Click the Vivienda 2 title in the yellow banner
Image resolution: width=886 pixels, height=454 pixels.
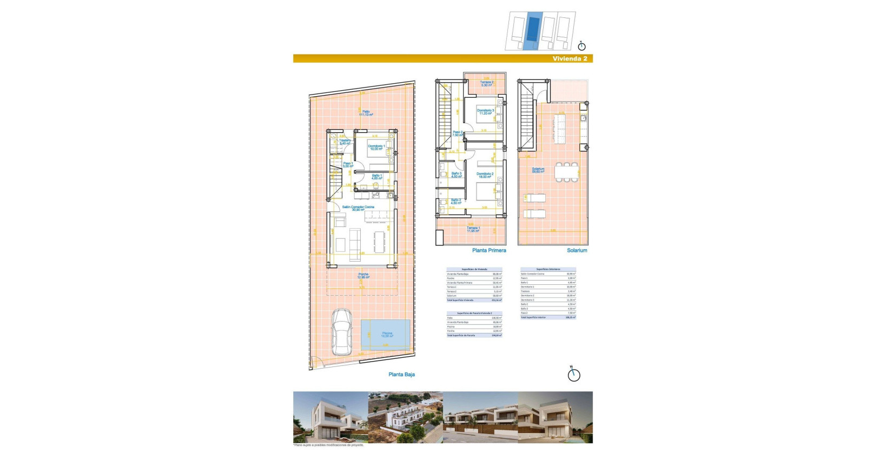point(570,58)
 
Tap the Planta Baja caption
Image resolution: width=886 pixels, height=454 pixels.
point(401,374)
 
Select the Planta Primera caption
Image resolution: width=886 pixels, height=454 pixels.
point(489,250)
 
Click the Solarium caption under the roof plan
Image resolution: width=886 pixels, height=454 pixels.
point(577,250)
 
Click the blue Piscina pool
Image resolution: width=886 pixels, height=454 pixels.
point(386,333)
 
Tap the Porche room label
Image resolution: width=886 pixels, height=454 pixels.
point(363,276)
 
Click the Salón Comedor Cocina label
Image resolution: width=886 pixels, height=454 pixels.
point(358,208)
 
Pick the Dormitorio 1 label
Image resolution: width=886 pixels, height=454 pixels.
point(376,147)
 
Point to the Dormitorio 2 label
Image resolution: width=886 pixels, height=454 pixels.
point(485,175)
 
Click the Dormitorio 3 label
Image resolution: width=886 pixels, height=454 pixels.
point(485,111)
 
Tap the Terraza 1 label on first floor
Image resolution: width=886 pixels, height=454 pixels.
point(473,229)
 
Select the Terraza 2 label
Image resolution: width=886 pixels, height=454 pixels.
point(486,84)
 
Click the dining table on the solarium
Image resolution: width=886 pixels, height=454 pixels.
point(566,172)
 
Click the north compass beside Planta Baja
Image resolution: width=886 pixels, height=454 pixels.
point(573,374)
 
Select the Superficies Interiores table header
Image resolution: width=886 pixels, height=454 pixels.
point(548,269)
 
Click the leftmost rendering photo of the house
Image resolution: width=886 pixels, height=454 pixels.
point(330,417)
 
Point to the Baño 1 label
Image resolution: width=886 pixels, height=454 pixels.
point(376,176)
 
